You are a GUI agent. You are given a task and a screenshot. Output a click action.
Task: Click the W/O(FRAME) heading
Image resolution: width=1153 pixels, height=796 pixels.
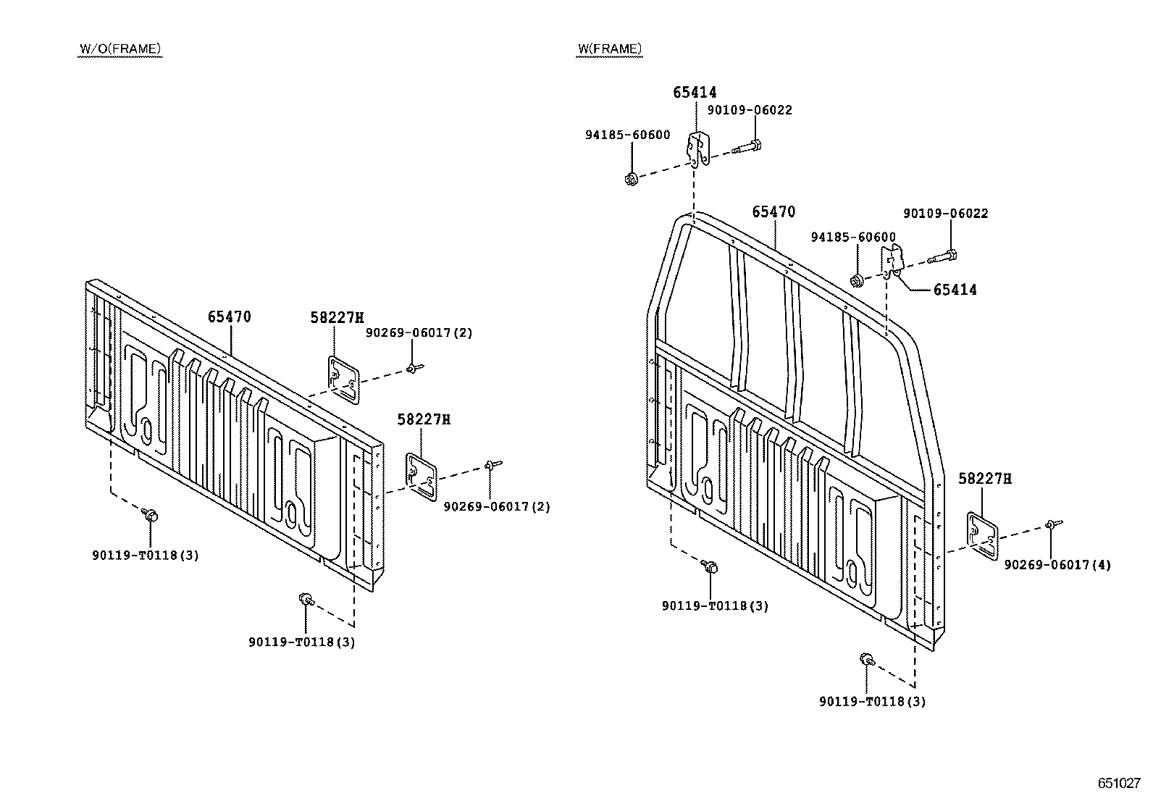point(120,49)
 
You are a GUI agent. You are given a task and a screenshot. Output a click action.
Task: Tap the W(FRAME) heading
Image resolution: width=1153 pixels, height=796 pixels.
point(609,49)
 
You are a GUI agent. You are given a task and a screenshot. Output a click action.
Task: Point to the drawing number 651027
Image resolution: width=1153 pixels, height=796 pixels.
point(1119,783)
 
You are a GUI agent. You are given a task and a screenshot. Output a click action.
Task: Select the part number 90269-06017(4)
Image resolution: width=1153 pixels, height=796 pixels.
point(1057,565)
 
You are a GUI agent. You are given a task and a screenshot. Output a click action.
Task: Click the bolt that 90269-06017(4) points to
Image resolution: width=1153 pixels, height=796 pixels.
point(1053,524)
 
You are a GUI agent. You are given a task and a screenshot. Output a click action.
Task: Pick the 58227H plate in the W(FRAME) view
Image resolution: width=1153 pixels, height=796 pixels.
point(982,536)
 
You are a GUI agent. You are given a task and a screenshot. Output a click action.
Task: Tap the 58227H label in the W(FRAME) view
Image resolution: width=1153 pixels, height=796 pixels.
point(985,479)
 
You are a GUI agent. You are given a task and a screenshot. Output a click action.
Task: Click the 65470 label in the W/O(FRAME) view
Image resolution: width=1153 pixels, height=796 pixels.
point(229,317)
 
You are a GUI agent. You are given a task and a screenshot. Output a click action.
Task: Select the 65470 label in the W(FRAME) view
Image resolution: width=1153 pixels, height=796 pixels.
point(773,211)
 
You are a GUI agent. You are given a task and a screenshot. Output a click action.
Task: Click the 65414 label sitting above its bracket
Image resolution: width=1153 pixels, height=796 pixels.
point(695,92)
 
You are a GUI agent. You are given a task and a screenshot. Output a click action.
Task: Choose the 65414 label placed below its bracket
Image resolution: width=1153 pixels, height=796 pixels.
point(955,290)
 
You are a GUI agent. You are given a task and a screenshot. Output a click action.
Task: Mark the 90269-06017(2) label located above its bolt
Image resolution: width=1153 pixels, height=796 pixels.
point(419,332)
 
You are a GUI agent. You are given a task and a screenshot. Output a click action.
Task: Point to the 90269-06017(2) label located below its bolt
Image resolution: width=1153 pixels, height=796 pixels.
point(497,506)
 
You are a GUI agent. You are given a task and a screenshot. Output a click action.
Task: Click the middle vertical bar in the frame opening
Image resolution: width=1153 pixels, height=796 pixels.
point(792,350)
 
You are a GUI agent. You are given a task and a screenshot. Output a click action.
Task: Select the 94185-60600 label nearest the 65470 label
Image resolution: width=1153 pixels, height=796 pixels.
point(853,238)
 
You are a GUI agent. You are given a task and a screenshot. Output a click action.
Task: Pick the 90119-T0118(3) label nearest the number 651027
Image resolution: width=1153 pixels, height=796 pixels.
point(873,702)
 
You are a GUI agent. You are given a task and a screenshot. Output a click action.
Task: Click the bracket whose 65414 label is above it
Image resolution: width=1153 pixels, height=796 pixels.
point(698,149)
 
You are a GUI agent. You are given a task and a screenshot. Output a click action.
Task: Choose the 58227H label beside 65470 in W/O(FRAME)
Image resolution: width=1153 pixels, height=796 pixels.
point(337,318)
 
